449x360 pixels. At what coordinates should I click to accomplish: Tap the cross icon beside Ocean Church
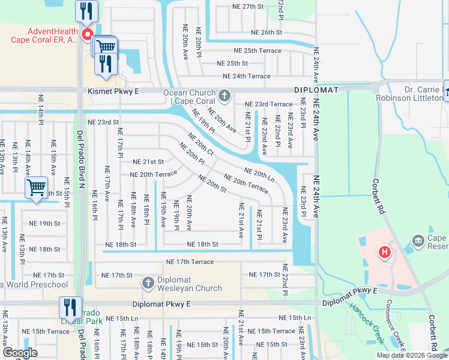[x=224, y=96]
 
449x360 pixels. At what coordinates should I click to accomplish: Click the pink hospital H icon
[x=384, y=252]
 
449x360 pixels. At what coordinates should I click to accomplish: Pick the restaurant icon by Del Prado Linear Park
[x=70, y=308]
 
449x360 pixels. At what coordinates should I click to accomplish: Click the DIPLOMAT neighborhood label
[x=316, y=90]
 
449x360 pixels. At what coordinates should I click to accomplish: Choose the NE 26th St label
[x=267, y=32]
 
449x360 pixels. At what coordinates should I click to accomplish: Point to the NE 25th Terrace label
[x=257, y=50]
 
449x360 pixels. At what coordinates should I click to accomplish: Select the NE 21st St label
[x=148, y=162]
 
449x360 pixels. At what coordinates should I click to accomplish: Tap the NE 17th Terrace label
[x=190, y=262]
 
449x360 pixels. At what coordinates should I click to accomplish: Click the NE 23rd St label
[x=103, y=122]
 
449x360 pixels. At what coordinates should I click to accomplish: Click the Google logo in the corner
[x=20, y=353]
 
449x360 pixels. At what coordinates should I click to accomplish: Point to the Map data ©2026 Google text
[x=411, y=355]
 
